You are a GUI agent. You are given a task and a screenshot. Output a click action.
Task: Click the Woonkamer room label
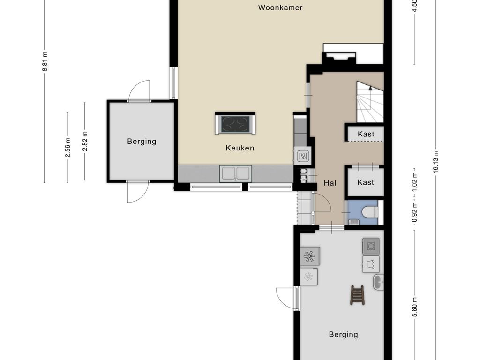(x=280, y=7)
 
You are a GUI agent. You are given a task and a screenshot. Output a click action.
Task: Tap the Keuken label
(x=240, y=148)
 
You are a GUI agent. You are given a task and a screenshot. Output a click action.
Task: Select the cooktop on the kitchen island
(x=235, y=124)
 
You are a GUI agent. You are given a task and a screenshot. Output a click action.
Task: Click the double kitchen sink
(x=235, y=173)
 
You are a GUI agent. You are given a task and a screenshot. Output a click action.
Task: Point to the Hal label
(x=330, y=183)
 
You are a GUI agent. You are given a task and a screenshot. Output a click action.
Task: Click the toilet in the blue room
(x=369, y=212)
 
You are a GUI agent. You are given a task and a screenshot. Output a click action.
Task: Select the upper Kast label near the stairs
(x=366, y=134)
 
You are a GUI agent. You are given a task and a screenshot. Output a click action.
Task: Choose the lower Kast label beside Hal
(x=366, y=182)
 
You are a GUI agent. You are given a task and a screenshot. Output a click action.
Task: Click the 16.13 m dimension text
(x=436, y=162)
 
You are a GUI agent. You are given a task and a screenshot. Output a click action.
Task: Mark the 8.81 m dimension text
(x=45, y=61)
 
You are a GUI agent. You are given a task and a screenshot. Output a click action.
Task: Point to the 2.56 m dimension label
(x=67, y=147)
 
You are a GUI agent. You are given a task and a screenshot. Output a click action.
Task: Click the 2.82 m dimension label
(x=85, y=141)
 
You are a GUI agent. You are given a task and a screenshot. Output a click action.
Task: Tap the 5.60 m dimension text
(x=415, y=307)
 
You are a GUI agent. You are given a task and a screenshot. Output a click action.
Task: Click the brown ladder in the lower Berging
(x=357, y=295)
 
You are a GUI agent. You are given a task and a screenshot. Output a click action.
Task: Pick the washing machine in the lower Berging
(x=371, y=246)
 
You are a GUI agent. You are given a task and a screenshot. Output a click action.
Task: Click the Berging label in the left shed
(x=142, y=142)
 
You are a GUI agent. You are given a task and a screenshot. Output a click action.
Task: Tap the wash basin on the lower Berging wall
(x=378, y=282)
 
